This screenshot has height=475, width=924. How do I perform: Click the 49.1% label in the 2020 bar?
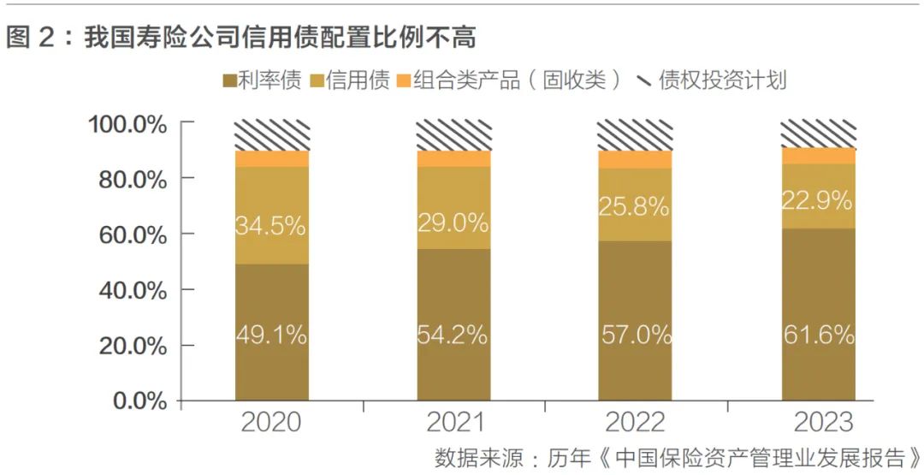pos(271,335)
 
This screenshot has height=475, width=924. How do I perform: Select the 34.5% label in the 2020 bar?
pos(271,228)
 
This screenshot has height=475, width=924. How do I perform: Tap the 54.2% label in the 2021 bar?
pos(453,335)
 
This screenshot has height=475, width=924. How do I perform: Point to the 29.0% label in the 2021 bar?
pos(453,223)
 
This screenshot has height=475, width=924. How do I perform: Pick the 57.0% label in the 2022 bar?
pos(636,335)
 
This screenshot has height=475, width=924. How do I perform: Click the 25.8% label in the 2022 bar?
pos(636,206)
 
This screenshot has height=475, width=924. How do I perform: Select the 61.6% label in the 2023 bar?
pos(819,335)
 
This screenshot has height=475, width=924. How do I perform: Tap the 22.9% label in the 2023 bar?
pos(819,201)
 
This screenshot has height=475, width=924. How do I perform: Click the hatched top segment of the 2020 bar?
pos(271,135)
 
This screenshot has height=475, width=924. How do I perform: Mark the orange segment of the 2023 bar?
pos(819,156)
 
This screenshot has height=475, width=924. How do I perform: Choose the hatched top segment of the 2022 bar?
pos(636,135)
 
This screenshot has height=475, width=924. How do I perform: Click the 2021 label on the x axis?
pos(453,422)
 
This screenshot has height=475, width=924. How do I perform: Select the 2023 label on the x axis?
pos(819,422)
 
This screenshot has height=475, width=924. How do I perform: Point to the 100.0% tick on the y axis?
pos(127,124)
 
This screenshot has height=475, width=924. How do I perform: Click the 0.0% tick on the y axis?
pos(138,401)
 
